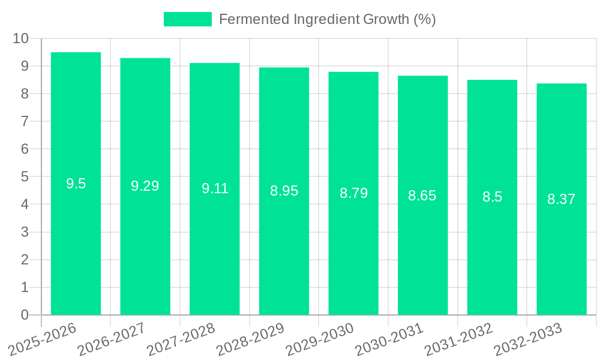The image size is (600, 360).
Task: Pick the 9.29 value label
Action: (x=145, y=186)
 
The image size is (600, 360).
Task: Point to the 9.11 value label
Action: (x=215, y=188)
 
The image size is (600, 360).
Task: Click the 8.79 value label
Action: (x=353, y=193)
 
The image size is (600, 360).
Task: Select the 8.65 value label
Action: (x=422, y=196)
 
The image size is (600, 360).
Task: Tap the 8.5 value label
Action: (x=492, y=197)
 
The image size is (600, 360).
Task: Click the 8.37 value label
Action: (x=562, y=199)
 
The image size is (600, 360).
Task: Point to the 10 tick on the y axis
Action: (x=21, y=38)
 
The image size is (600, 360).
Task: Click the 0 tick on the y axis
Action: (x=25, y=315)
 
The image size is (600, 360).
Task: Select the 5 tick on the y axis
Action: (x=25, y=177)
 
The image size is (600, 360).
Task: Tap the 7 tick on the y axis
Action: (x=25, y=121)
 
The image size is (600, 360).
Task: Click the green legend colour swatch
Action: (x=188, y=19)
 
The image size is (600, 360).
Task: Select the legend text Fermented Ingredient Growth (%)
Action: (x=327, y=19)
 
